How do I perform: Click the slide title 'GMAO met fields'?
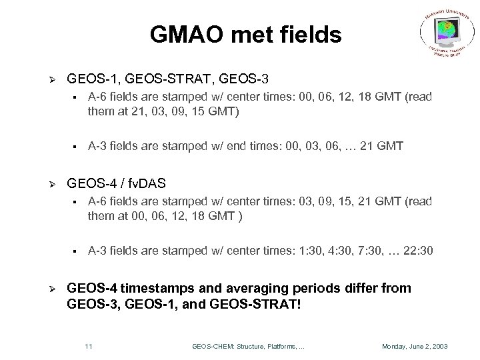point(246,34)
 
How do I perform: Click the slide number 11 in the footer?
point(89,346)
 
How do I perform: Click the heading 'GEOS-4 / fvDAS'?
point(116,182)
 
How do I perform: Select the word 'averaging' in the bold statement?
point(250,287)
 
